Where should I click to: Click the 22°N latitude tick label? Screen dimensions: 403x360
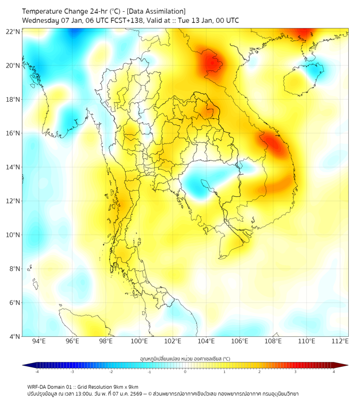pos(13,31)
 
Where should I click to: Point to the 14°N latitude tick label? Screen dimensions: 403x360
pos(13,167)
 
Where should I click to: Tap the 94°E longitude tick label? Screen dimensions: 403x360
pos(39,341)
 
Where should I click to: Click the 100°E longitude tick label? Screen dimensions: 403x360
pos(140,341)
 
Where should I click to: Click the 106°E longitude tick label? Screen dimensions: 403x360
pos(240,341)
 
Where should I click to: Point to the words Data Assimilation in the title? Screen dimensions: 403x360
pos(157,11)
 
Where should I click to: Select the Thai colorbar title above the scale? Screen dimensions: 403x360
pos(185,359)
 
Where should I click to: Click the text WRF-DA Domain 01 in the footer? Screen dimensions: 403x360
pos(51,386)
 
